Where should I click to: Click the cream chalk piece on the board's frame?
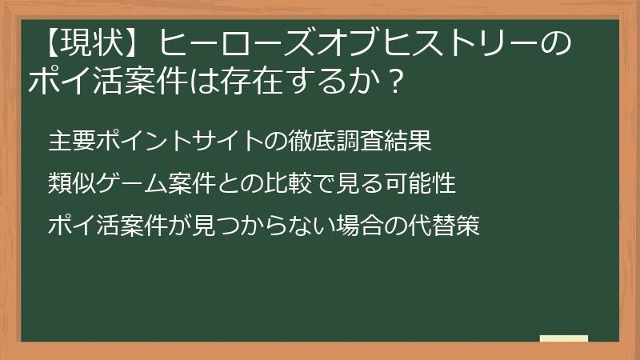[564, 339]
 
